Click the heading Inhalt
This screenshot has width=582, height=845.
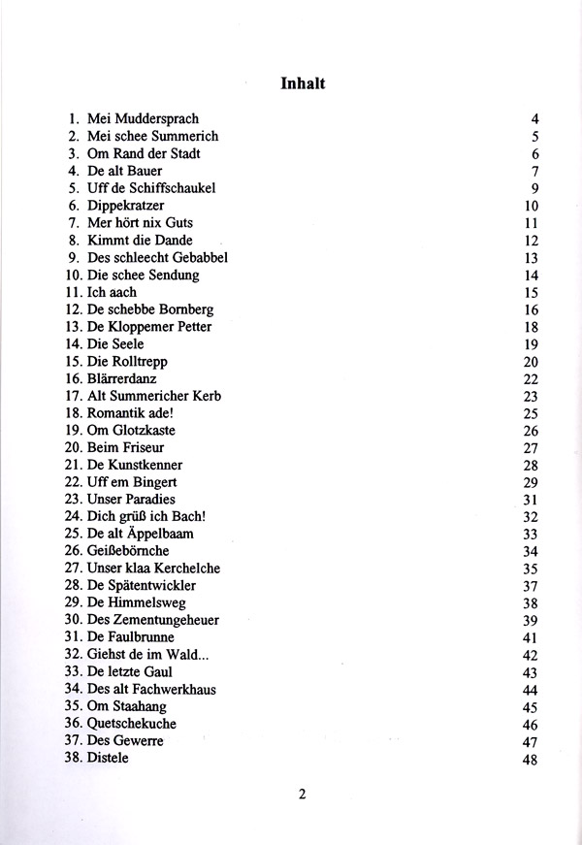click(x=303, y=82)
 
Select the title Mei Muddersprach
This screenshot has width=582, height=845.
click(x=142, y=119)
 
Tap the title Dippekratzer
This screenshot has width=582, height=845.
click(x=125, y=206)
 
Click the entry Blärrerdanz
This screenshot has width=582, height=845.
click(x=121, y=378)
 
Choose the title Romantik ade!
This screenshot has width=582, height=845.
click(x=132, y=413)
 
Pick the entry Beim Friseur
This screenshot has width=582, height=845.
click(x=125, y=447)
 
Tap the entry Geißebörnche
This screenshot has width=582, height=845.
click(x=127, y=551)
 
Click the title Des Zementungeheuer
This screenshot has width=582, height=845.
click(x=152, y=620)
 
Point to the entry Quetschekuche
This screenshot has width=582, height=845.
click(x=131, y=724)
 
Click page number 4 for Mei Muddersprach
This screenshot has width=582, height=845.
click(x=533, y=119)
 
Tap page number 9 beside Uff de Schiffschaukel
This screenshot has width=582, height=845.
click(x=533, y=188)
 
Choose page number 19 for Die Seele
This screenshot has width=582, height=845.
click(x=530, y=344)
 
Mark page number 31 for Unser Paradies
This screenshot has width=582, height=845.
click(x=530, y=500)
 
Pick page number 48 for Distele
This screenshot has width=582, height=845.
click(x=530, y=759)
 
